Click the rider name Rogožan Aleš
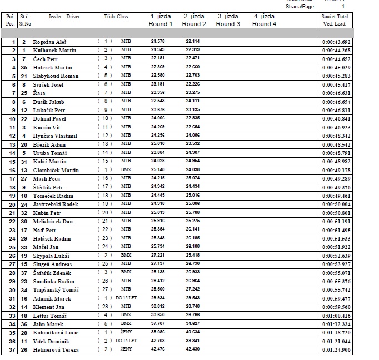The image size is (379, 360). (x=48, y=42)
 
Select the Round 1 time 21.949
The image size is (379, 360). (x=157, y=51)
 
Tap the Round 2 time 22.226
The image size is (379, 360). (x=193, y=85)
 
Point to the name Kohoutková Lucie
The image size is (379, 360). (x=56, y=333)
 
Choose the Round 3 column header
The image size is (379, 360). (x=228, y=21)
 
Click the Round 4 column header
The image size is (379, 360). (x=263, y=21)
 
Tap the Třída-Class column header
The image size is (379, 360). (x=116, y=17)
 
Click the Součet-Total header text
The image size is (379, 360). (x=336, y=17)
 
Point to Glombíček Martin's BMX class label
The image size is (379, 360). (x=126, y=170)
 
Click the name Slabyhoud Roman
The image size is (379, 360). (x=56, y=76)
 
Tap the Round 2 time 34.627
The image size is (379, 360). (x=193, y=324)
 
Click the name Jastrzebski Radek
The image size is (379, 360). (x=56, y=204)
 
